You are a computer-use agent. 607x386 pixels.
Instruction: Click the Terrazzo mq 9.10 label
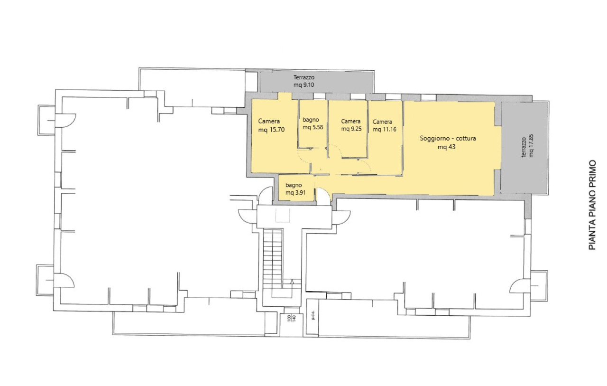tap(304, 81)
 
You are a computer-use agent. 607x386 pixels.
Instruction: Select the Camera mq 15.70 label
tap(271, 125)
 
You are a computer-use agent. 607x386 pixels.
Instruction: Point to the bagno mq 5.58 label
tap(313, 123)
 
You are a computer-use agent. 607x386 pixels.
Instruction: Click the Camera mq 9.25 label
tap(351, 125)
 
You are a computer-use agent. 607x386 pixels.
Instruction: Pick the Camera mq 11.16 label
tap(384, 126)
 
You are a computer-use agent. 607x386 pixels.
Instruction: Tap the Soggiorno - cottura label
tap(448, 138)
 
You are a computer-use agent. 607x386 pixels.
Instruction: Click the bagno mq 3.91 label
tap(295, 189)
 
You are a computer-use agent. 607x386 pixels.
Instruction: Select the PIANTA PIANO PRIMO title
tap(592, 205)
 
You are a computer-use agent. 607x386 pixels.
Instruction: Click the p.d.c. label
tap(313, 317)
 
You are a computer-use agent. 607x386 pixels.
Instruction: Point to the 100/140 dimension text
tap(291, 318)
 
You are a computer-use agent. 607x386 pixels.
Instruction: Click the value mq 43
tap(446, 147)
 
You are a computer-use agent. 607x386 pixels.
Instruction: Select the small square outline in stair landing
tap(283, 216)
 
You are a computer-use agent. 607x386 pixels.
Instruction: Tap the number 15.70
tap(277, 130)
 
